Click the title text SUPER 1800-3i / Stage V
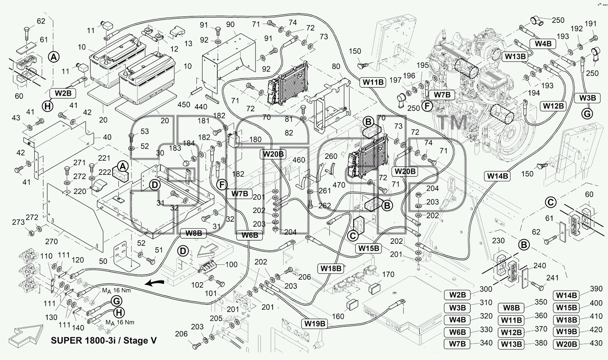pos(104,341)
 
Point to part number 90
pos(230,24)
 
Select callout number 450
pos(184,105)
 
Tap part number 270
pos(51,241)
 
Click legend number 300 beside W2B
pos(486,289)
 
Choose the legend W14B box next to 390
pos(566,295)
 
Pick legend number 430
pos(596,343)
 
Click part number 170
pos(388,274)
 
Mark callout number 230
pos(498,241)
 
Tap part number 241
pos(552,278)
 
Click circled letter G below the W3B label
pos(587,114)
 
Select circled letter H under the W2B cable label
pos(48,106)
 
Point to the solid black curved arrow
pos(154,283)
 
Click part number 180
pos(255,139)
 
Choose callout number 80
pos(336,66)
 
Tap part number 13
pos(188,43)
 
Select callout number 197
pos(395,80)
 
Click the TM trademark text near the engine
pos(453,122)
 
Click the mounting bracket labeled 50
pos(125,256)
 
